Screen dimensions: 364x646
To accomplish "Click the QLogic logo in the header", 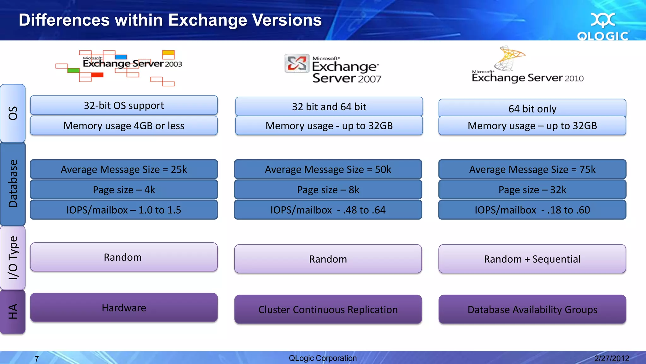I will [x=603, y=27].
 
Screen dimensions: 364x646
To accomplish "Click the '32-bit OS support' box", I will [x=124, y=105].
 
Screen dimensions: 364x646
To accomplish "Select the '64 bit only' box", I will [x=532, y=108].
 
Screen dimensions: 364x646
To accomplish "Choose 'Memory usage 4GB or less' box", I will [x=124, y=126].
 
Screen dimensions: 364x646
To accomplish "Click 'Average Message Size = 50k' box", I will [x=328, y=169].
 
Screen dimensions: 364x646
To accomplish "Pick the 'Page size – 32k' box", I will [x=532, y=190].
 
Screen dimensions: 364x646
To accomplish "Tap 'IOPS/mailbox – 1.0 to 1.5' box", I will [x=124, y=210].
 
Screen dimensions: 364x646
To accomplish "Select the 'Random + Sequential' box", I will [x=532, y=259].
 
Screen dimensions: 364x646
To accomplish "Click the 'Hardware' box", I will [x=124, y=307].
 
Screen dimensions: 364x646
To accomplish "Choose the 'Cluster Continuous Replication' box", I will [x=328, y=309].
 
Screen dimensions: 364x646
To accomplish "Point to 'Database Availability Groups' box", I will [x=532, y=309].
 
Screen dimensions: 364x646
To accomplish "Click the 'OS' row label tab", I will [x=13, y=113].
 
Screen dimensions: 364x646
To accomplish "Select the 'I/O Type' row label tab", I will [x=13, y=258].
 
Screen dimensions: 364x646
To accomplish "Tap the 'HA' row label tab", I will [x=13, y=312].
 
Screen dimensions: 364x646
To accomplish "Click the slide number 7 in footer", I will [x=37, y=359].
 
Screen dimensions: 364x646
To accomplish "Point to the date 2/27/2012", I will [x=611, y=358].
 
